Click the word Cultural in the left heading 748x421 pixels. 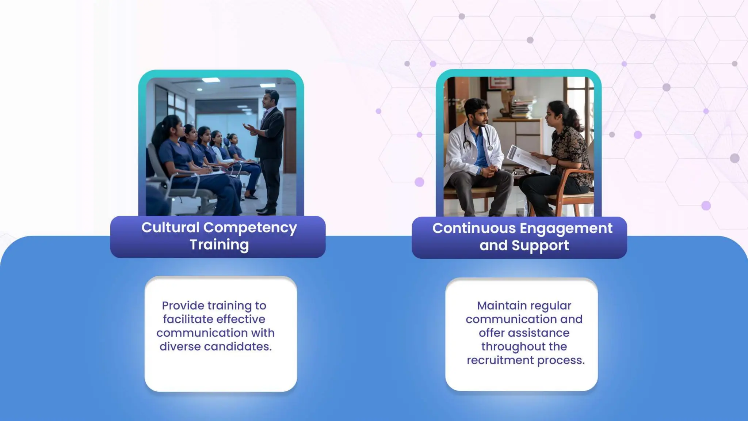(x=171, y=228)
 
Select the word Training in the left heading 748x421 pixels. (x=219, y=245)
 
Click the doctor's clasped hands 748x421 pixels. (x=488, y=170)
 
